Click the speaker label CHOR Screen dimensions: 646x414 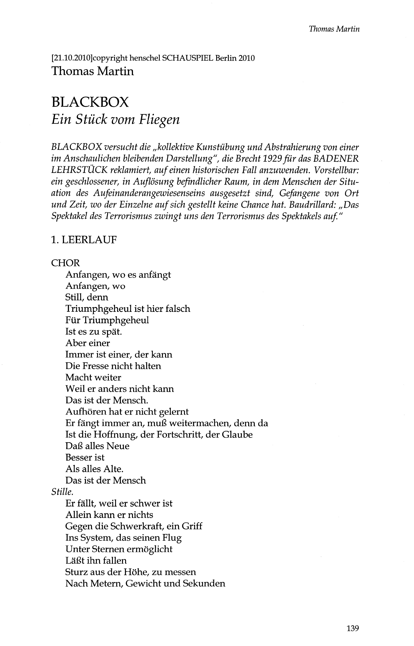click(65, 263)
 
